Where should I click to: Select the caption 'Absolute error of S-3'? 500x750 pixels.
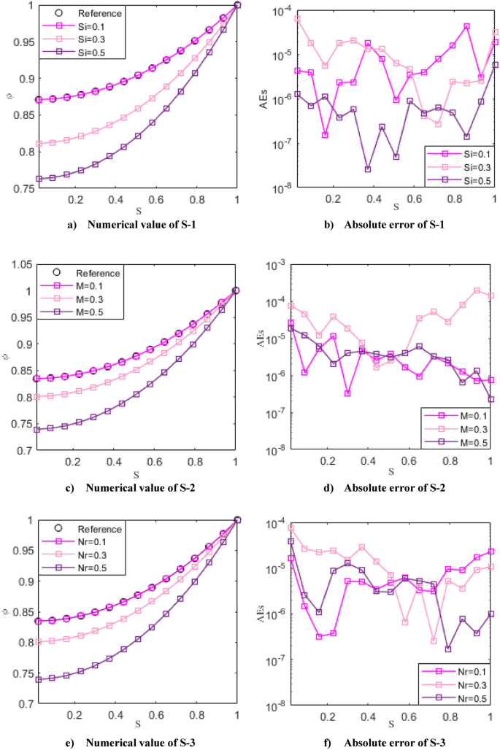(400, 740)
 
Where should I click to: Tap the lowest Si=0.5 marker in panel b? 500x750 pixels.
(368, 169)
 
